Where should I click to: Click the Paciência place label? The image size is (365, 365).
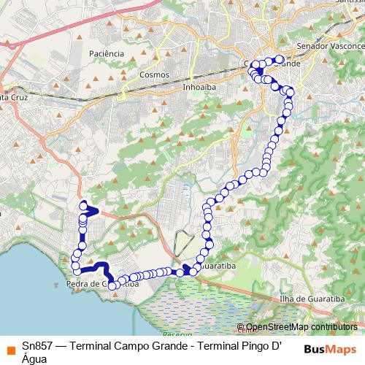tap(106, 53)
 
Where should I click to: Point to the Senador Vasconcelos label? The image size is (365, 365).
tap(330, 45)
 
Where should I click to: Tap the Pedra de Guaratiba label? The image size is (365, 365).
tap(102, 284)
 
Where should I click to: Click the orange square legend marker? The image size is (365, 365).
tap(10, 349)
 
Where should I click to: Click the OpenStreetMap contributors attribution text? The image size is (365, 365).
tap(301, 327)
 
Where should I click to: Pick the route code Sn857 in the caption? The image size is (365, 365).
tap(36, 347)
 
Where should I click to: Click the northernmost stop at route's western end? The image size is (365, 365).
tap(83, 204)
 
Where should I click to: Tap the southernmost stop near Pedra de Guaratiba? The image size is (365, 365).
tap(112, 286)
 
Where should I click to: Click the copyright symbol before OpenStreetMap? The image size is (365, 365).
tap(242, 327)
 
